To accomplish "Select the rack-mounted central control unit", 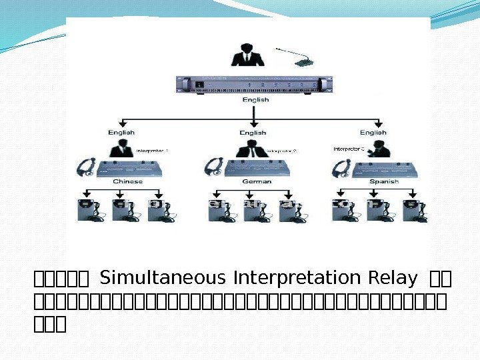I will (x=253, y=85).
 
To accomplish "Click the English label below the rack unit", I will (x=255, y=100).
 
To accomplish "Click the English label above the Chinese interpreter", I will (x=121, y=133).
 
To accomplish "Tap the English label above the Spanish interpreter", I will (x=373, y=133).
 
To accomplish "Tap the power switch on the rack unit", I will (x=198, y=85).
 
